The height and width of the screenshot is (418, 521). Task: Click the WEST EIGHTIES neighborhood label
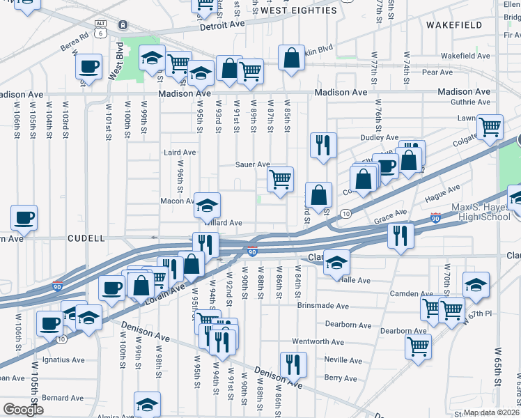(299, 10)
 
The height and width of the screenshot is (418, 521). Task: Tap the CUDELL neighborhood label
(86, 238)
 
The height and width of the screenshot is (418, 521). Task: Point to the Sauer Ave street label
(254, 165)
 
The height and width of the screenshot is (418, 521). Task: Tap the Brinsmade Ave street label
(322, 306)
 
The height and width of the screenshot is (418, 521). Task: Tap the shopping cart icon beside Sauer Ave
(280, 179)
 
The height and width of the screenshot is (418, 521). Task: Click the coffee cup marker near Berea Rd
(89, 67)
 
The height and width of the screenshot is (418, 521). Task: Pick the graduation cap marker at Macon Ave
(207, 205)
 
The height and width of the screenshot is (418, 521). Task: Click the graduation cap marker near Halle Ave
(336, 263)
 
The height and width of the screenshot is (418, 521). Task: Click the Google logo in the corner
(23, 409)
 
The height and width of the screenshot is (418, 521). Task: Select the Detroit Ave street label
(223, 24)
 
